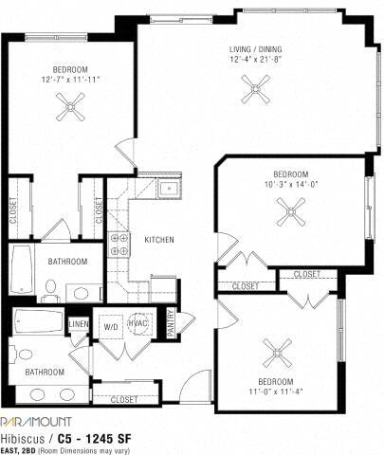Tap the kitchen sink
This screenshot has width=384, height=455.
coord(168,189)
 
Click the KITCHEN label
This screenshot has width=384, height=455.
coord(158,241)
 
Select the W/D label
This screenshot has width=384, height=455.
coord(110,327)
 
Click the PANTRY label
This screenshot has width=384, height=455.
coord(171,323)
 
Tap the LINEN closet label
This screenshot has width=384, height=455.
coord(78,325)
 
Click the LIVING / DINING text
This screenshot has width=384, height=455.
coord(253,49)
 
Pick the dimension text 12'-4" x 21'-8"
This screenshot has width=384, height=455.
coord(253,61)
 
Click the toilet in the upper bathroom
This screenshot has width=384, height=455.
coord(51,287)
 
